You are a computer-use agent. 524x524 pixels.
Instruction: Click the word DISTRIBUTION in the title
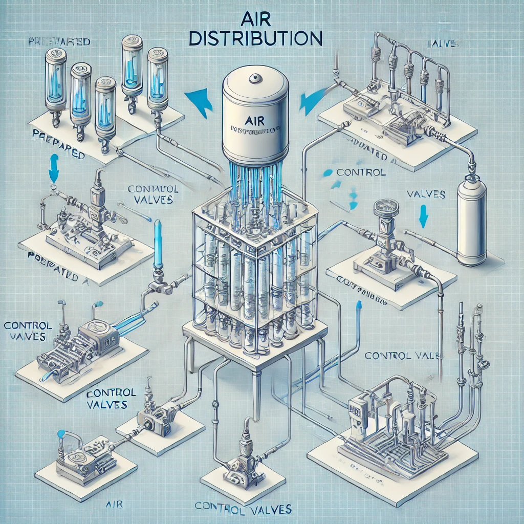tap(262, 39)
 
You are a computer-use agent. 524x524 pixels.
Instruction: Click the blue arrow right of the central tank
tap(310, 100)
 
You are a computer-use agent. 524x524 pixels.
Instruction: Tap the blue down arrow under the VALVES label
tap(423, 216)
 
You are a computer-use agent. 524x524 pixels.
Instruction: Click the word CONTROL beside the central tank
tap(362, 172)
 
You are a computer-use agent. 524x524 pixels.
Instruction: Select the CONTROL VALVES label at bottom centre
tap(243, 509)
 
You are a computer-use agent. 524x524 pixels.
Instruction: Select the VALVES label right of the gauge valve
tap(425, 194)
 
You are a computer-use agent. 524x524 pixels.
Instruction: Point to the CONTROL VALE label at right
tap(402, 356)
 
